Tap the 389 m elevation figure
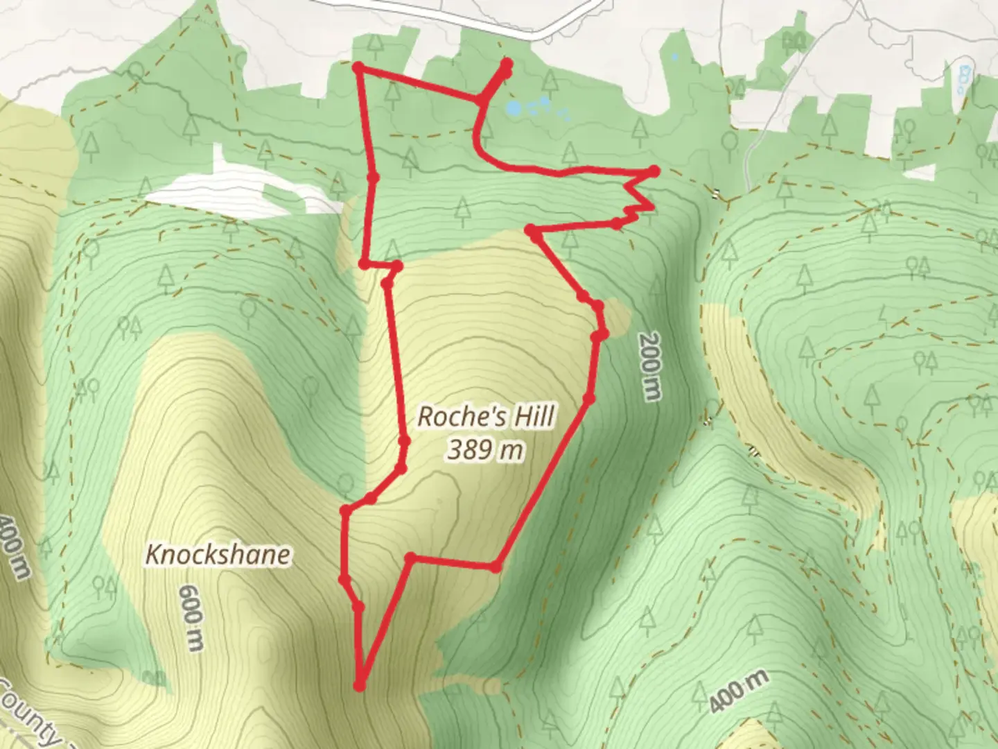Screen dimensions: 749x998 [485, 450]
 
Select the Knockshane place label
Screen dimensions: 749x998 [218, 555]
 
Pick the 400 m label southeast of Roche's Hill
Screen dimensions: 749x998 [738, 691]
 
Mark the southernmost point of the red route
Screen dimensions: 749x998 [359, 686]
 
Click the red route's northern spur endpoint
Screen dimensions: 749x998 [506, 64]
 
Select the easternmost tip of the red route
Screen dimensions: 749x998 [654, 171]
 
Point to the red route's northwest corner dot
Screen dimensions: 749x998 [358, 67]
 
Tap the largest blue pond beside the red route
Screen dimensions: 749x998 [514, 108]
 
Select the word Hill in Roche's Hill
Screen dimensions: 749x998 [532, 417]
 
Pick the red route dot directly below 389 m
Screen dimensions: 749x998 [495, 567]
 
